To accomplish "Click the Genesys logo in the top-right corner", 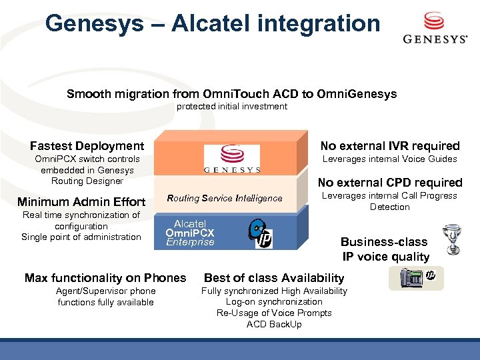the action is (435, 28).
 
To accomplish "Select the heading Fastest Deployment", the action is (87, 146).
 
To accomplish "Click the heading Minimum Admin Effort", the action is (81, 202).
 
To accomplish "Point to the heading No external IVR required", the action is (390, 146).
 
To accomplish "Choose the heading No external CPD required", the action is (390, 183).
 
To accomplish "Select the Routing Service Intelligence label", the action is (225, 198).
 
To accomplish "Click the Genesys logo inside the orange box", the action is (232, 160).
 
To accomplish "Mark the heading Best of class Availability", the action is (274, 278).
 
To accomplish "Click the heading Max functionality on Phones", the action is (105, 278).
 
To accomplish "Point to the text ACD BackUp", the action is (274, 324).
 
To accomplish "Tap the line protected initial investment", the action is (232, 107).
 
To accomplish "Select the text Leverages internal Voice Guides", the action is (390, 159).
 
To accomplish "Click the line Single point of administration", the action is (81, 237).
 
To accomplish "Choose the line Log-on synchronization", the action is (274, 302).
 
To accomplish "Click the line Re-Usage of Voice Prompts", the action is (274, 313).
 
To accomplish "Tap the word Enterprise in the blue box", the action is (190, 242).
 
